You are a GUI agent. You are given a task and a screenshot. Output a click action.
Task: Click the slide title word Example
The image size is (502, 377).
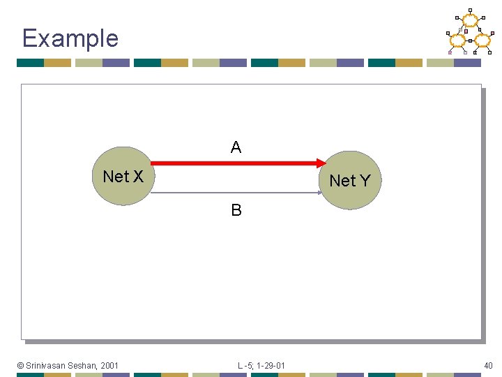point(70,38)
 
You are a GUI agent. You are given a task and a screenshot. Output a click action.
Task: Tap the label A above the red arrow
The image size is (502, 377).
point(236,147)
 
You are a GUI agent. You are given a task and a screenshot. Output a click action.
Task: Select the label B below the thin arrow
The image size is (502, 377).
point(236,210)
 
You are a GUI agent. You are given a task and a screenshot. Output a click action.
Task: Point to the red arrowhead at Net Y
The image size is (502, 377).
point(320,163)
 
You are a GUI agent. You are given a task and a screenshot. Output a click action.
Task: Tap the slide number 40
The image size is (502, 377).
point(488,365)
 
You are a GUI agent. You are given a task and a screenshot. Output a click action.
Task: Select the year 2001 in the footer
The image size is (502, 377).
point(109,365)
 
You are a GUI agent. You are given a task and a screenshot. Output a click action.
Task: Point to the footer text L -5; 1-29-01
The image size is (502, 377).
point(261,365)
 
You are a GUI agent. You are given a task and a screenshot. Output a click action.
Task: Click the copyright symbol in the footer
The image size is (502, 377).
point(21,365)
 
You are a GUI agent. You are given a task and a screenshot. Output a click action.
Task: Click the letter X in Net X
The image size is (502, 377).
point(137,177)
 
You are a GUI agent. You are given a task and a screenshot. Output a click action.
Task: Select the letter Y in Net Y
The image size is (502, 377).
point(364,181)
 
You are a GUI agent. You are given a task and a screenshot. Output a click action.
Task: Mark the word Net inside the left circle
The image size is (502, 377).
point(115,177)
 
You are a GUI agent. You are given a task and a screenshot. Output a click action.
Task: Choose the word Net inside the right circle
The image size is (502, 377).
point(342,181)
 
